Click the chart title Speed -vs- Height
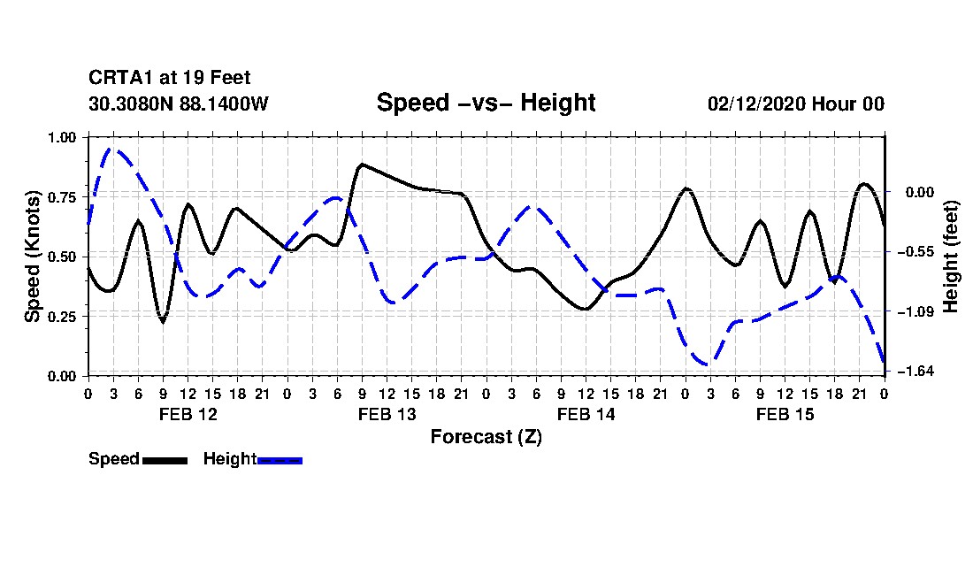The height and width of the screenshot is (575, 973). (486, 103)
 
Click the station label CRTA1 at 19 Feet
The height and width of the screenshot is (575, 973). (169, 79)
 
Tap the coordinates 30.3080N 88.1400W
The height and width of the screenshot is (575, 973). (178, 103)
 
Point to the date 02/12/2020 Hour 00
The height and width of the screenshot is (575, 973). (795, 103)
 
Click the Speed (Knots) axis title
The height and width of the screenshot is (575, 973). (33, 256)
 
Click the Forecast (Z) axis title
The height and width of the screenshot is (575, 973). (486, 436)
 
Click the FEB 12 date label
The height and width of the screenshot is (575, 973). (188, 414)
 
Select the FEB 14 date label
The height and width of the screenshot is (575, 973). (586, 414)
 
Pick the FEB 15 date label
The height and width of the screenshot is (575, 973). (785, 414)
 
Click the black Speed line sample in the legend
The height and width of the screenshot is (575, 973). (165, 460)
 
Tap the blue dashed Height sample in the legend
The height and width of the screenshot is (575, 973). (280, 460)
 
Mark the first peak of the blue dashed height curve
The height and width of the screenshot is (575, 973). (111, 149)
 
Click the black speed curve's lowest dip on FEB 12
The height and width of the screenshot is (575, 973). (163, 321)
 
